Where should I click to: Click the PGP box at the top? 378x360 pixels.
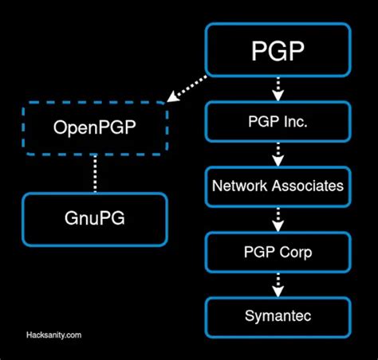click(x=278, y=51)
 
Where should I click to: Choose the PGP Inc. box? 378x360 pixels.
click(x=278, y=121)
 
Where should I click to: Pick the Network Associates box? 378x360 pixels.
click(x=278, y=186)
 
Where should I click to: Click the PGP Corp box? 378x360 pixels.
click(x=278, y=252)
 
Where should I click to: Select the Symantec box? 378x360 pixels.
click(x=278, y=316)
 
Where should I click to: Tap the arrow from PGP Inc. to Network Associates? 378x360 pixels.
click(x=278, y=154)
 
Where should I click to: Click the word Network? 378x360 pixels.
click(x=238, y=186)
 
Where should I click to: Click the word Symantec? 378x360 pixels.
click(x=278, y=316)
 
